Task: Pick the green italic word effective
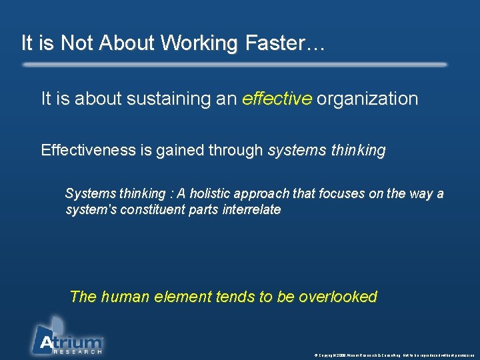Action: [x=277, y=99]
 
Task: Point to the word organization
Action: [x=367, y=99]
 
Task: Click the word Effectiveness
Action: [x=88, y=150]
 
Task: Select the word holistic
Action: [x=210, y=194]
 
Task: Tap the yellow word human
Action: [x=128, y=297]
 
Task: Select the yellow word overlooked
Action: [x=338, y=297]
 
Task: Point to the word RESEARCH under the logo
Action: [x=77, y=351]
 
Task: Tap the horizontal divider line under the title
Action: [x=234, y=65]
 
